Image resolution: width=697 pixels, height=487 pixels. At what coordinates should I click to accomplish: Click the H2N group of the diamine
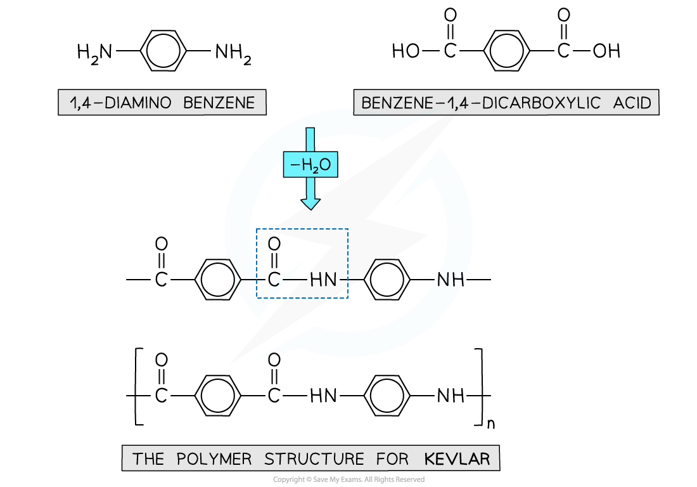pos(94,52)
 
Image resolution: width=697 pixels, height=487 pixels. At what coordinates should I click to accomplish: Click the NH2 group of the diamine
pos(233,53)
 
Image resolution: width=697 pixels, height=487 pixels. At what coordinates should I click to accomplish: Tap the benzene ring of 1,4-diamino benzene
pos(163,52)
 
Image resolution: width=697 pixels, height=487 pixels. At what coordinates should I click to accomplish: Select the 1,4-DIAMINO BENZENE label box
pos(162,103)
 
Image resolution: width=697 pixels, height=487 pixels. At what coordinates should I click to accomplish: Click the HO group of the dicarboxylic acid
pos(406,51)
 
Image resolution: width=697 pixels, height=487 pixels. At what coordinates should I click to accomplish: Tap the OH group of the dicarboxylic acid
pos(606,51)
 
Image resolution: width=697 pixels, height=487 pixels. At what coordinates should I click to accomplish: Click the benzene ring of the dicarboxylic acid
pos(506,51)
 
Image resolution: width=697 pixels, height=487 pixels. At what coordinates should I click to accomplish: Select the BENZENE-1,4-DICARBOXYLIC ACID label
pos(506,102)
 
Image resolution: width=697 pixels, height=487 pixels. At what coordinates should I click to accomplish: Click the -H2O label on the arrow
pos(310,166)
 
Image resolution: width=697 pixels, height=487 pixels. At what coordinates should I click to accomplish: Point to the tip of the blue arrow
pos(310,207)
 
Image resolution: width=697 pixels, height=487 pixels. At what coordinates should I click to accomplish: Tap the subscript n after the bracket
pos(490,426)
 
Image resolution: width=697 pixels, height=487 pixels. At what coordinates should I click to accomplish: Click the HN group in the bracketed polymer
pos(323,397)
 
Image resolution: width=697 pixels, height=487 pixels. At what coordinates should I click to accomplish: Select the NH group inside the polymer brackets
pos(451,397)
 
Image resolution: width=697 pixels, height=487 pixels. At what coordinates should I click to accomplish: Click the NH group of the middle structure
pos(451,280)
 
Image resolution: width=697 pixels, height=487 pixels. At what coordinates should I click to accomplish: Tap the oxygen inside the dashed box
pos(274,244)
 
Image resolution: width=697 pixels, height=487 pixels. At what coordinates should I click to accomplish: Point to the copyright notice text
pos(348,479)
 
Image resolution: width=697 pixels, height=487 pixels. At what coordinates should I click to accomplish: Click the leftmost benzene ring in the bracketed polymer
pos(217,397)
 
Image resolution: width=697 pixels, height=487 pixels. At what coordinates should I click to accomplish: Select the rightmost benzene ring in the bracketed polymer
pos(390,397)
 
